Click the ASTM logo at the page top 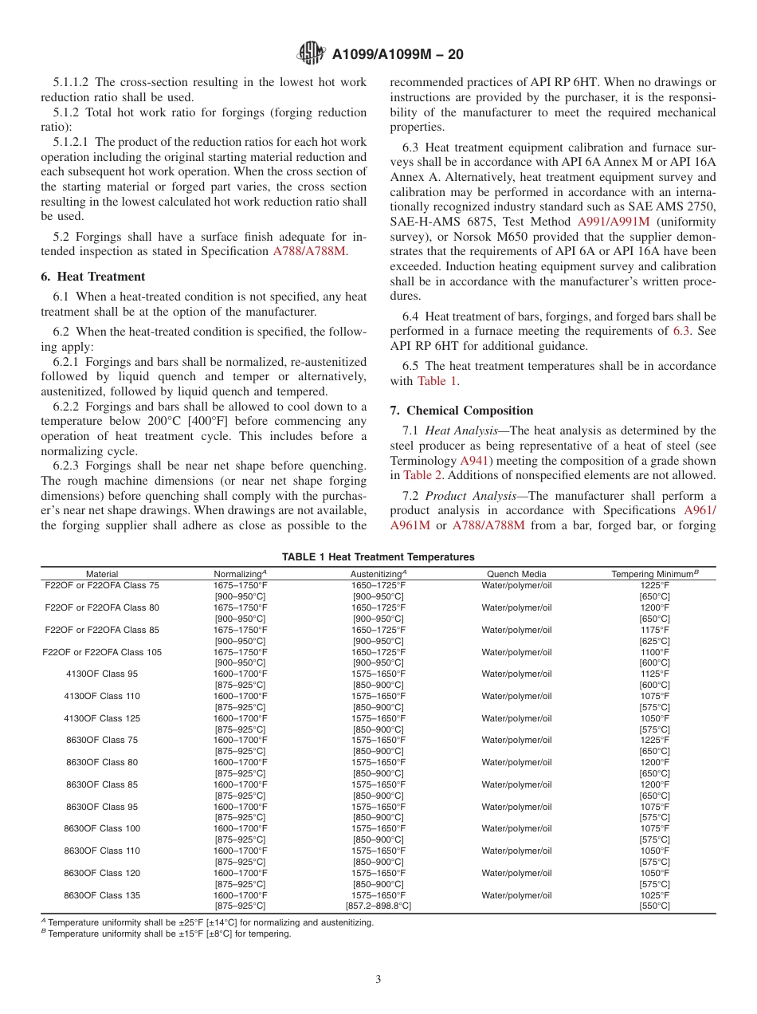click(310, 53)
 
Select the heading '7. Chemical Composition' click(461, 411)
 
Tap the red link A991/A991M click(613, 221)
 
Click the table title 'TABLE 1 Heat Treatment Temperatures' click(378, 557)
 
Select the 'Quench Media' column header click(516, 574)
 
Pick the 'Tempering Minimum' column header click(653, 574)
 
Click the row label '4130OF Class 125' click(102, 718)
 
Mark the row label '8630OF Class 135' click(102, 895)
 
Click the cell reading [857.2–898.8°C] click(378, 906)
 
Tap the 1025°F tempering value click(654, 895)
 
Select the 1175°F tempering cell click(654, 630)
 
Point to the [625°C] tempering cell click(654, 641)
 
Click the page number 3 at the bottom click(378, 980)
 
